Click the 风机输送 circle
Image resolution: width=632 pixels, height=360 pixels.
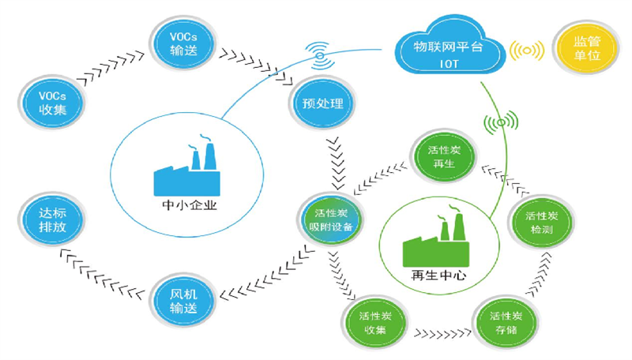[x=183, y=296]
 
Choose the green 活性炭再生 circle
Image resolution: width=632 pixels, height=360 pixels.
[x=440, y=152]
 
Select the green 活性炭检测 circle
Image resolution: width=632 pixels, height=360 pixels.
[x=543, y=219]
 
